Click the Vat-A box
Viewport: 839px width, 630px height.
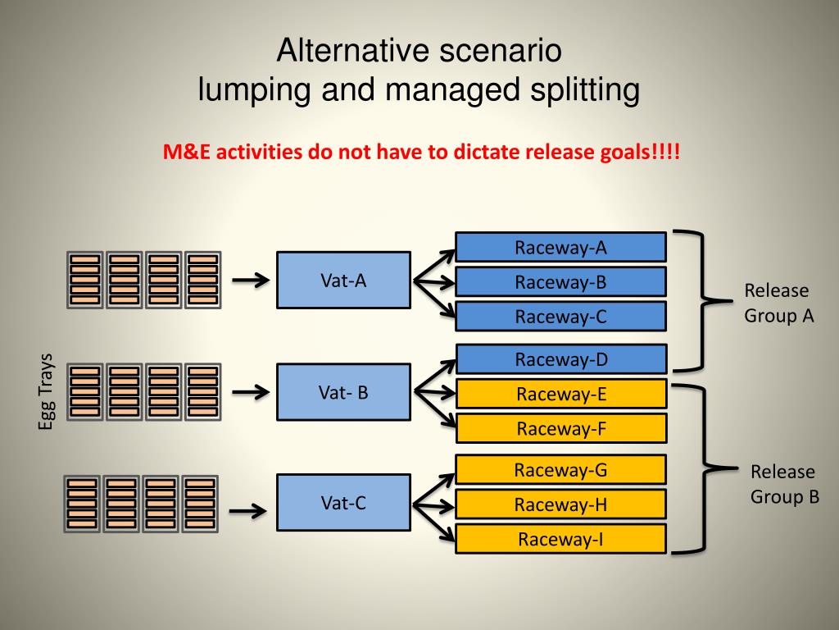(x=343, y=281)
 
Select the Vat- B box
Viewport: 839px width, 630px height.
(x=343, y=392)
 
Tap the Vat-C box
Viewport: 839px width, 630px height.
(x=343, y=503)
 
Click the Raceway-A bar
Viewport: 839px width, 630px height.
(x=560, y=248)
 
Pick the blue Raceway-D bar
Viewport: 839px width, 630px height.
(x=561, y=359)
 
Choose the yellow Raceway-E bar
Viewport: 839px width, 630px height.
(x=561, y=394)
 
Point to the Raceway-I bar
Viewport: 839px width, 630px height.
(x=560, y=538)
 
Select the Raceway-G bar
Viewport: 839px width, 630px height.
(x=560, y=470)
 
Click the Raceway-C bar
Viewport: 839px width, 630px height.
(x=560, y=316)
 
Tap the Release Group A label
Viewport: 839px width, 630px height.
(x=779, y=303)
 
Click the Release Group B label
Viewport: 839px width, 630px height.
(x=785, y=484)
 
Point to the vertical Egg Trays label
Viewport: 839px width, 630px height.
(x=46, y=391)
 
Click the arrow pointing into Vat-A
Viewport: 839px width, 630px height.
(x=251, y=280)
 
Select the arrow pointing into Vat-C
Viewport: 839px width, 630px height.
(x=248, y=510)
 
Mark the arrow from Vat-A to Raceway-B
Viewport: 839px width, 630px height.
(x=434, y=281)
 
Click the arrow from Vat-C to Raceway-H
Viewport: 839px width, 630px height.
(x=434, y=505)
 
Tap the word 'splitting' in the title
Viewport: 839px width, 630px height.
(x=585, y=90)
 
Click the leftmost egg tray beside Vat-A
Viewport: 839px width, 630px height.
(x=85, y=280)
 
